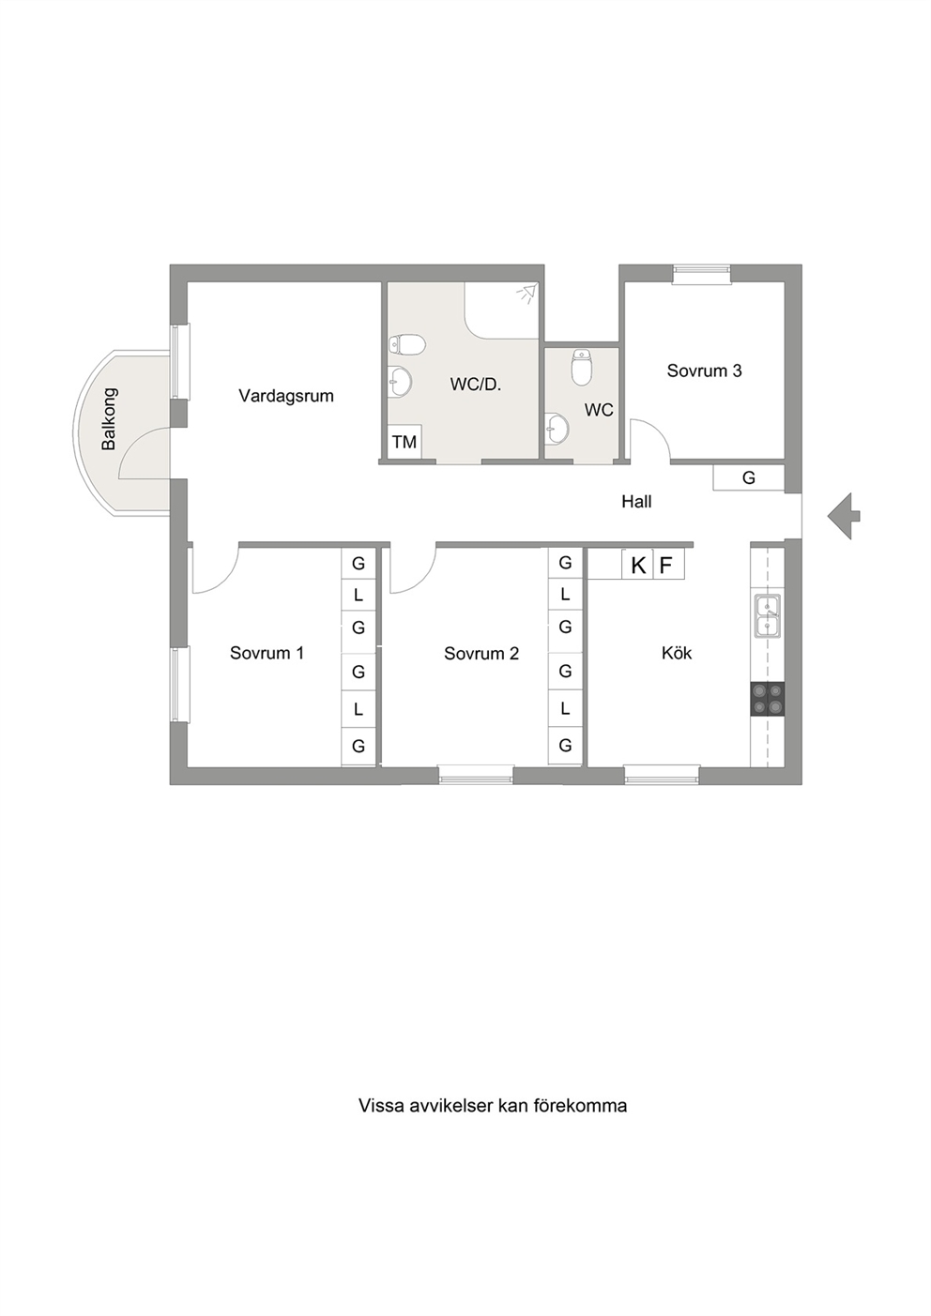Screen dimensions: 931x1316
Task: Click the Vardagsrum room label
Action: pos(285,396)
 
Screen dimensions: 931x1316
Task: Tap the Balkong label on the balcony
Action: pos(109,419)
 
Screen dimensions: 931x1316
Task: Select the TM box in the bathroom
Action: pos(404,441)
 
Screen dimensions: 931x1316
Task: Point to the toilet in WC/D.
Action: pos(406,345)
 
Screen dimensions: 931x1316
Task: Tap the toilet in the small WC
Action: pos(581,367)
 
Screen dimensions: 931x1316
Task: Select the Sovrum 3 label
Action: pos(704,371)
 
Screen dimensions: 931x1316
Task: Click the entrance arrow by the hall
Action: pos(844,517)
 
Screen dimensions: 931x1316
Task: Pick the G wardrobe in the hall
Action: pos(749,477)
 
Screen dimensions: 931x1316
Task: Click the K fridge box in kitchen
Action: pos(637,566)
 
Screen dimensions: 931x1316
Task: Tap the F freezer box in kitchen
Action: pos(669,566)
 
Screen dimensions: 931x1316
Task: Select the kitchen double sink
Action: pos(769,615)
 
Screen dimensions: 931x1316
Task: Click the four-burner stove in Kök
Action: pos(768,699)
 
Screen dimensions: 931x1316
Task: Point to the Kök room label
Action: pos(677,653)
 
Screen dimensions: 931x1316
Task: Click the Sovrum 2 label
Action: pos(481,653)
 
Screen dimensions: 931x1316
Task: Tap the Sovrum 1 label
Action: pos(267,653)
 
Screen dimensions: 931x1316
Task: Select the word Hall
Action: pos(636,502)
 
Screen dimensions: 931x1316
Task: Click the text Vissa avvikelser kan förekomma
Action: pos(493,1106)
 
